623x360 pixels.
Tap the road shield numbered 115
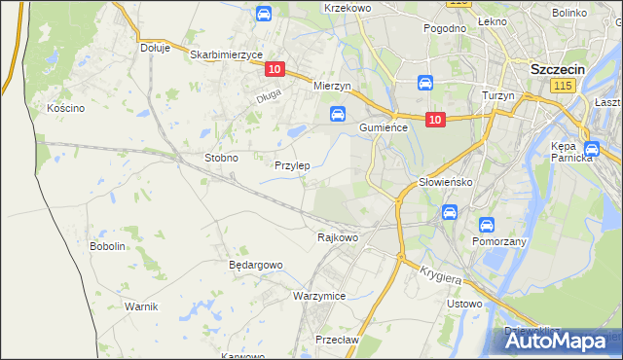click(x=561, y=87)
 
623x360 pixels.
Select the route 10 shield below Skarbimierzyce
click(x=275, y=69)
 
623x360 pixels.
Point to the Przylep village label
click(x=292, y=165)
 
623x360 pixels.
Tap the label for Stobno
click(x=221, y=157)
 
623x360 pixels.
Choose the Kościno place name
click(x=66, y=108)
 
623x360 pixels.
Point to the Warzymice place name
click(x=319, y=295)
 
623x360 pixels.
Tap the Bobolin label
click(x=108, y=246)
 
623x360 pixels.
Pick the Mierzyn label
click(x=331, y=86)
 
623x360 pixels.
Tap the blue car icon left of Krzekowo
click(x=263, y=14)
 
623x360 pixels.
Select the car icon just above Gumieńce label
click(x=337, y=114)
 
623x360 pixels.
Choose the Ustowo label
click(x=464, y=304)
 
